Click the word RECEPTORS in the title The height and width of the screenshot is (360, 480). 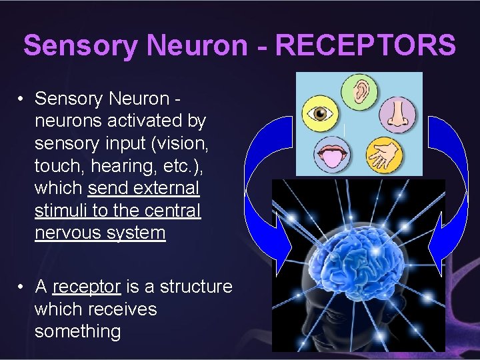click(365, 45)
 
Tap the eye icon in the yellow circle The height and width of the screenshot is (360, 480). click(319, 115)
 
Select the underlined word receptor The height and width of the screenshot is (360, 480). click(87, 287)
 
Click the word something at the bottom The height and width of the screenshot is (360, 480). click(77, 331)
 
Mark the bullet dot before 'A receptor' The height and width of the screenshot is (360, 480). click(22, 287)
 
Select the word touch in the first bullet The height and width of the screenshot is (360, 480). click(55, 166)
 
